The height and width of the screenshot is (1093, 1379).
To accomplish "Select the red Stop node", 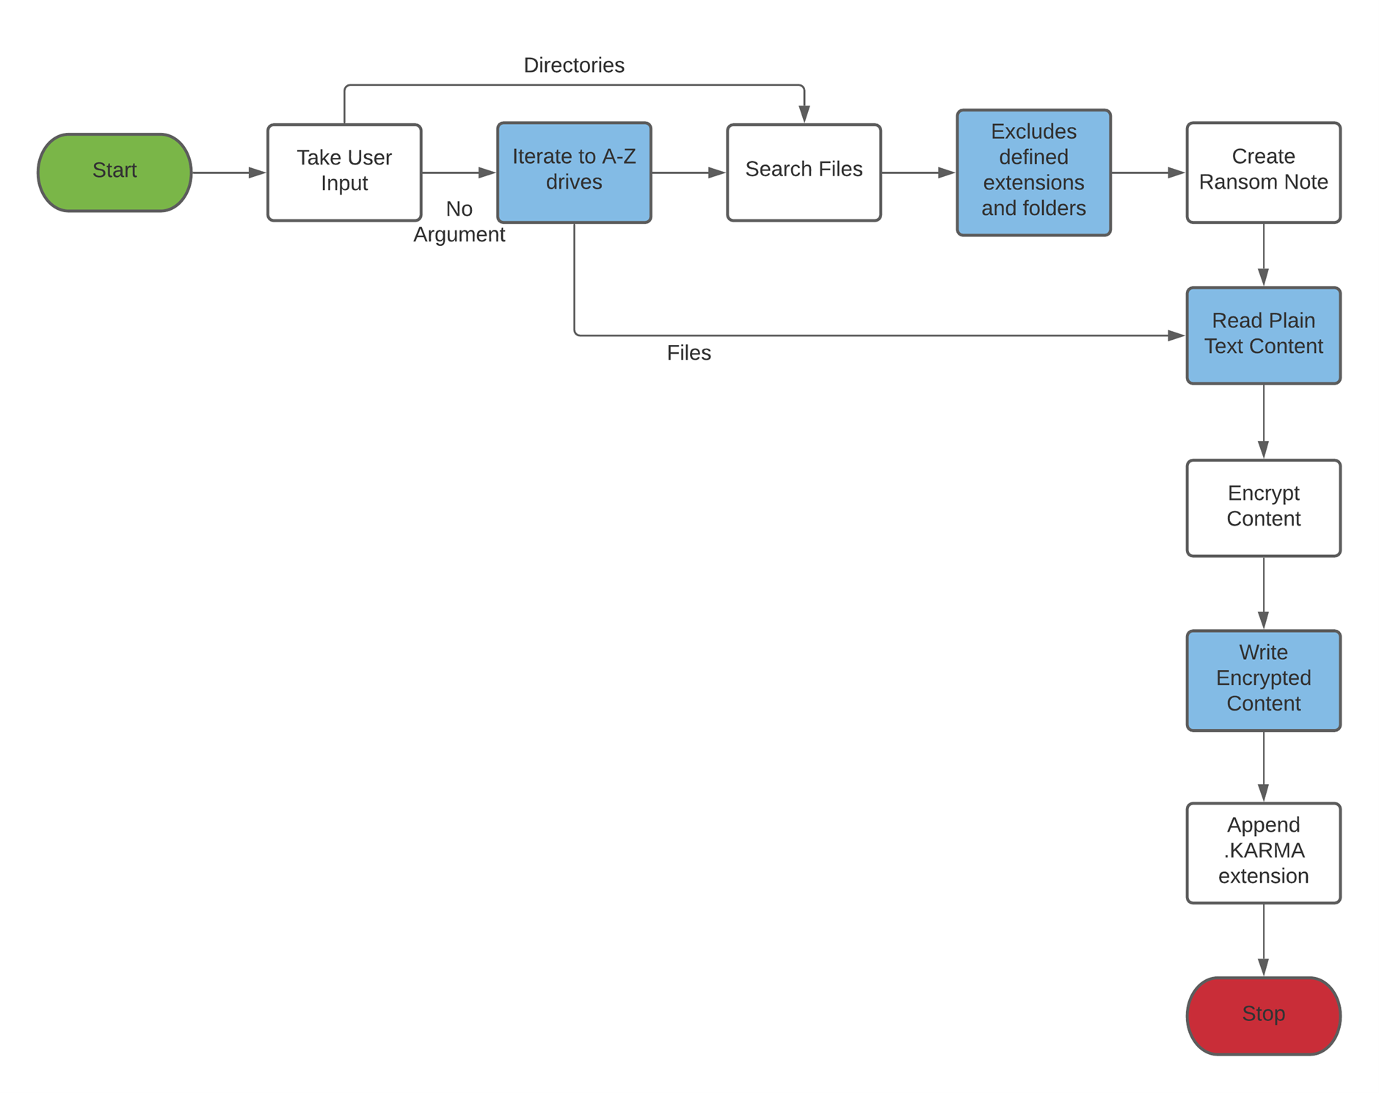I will [x=1262, y=1015].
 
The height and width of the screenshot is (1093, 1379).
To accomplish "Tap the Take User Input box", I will [x=344, y=173].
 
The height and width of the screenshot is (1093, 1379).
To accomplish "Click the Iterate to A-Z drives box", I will [x=574, y=173].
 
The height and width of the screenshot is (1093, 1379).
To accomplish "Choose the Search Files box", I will [x=804, y=173].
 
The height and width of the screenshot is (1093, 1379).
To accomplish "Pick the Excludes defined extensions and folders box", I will [x=1033, y=173].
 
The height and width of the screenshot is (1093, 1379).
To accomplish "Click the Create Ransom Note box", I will [x=1262, y=173].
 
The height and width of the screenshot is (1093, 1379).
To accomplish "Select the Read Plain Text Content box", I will [x=1262, y=335].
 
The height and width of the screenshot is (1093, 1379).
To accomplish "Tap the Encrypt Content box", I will [x=1262, y=508].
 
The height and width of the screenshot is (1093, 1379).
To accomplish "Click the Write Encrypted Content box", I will [x=1262, y=680].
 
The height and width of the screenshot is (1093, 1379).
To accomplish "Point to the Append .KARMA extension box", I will [x=1262, y=852].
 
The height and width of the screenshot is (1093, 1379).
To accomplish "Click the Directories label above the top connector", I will [x=574, y=65].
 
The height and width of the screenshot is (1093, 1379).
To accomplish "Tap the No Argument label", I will [x=459, y=222].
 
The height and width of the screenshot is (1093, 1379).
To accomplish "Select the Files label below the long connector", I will [x=688, y=353].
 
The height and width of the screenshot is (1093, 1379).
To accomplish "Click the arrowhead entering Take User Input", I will [x=257, y=173].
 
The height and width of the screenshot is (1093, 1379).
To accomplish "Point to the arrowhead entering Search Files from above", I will [x=804, y=114].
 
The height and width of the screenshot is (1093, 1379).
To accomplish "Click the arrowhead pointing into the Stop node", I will [x=1263, y=967].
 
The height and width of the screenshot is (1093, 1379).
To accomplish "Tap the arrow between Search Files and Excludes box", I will [x=917, y=173].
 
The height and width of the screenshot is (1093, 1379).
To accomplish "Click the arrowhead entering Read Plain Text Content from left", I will [x=1176, y=335].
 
